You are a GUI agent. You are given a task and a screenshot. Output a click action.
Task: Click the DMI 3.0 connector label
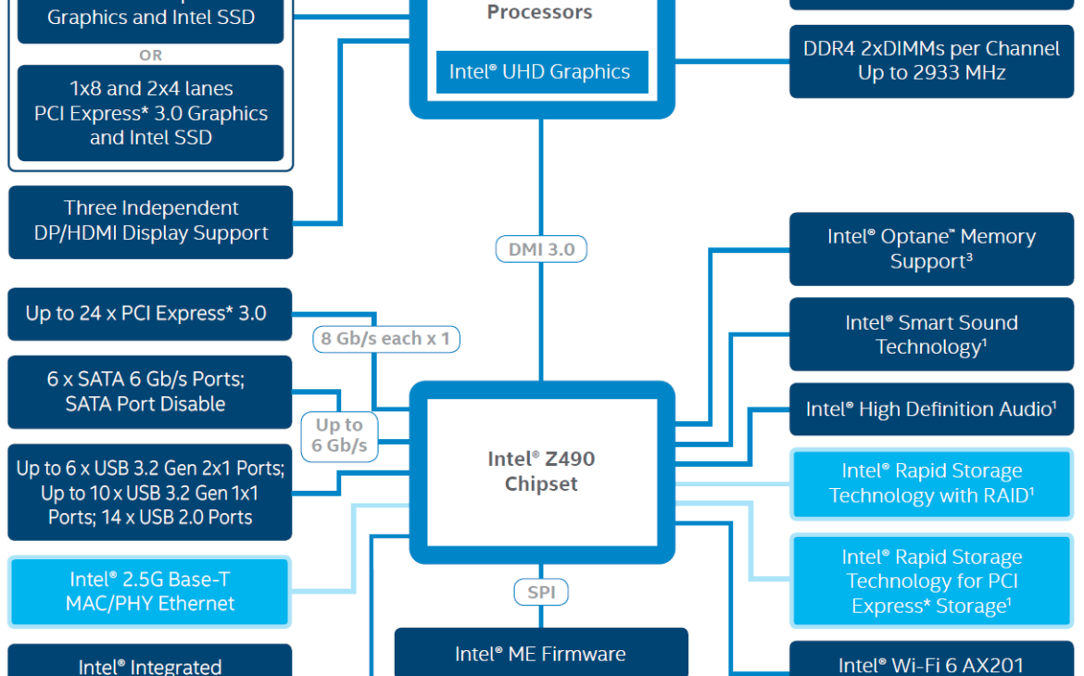[541, 249]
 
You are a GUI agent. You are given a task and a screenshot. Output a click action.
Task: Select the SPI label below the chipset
[541, 592]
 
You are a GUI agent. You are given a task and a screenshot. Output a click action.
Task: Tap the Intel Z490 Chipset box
[541, 471]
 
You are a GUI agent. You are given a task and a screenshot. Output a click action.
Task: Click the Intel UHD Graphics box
[541, 72]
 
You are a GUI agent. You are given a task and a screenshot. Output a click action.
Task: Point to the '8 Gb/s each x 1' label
[385, 339]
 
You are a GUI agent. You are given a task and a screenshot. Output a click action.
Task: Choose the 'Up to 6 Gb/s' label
[339, 435]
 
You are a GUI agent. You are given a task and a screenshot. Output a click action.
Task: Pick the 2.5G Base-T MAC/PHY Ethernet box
[150, 592]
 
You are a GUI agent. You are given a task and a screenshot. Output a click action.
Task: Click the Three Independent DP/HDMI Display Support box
[150, 221]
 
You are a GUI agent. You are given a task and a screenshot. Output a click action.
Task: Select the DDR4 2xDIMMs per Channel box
[931, 61]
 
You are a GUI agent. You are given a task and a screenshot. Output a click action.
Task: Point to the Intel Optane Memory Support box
[931, 249]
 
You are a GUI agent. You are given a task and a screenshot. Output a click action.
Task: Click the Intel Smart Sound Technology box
[931, 334]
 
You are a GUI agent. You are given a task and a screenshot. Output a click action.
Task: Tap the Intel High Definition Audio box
[931, 409]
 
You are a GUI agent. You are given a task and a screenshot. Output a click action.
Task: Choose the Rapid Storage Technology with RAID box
[931, 483]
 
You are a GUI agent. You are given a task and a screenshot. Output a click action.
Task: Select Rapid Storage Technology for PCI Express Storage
[931, 582]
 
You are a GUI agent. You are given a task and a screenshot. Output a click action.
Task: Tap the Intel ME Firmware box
[541, 654]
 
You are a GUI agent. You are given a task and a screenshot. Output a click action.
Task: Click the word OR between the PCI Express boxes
[150, 56]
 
